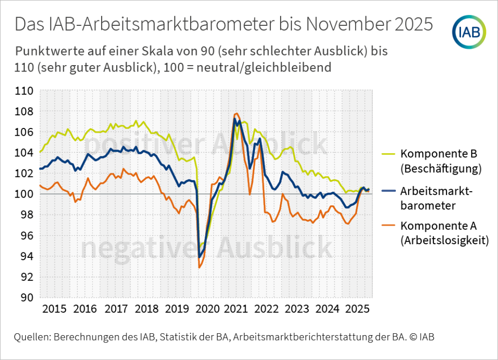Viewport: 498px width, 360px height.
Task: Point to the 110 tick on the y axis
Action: point(24,91)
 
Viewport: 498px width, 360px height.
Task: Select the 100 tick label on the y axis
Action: point(24,195)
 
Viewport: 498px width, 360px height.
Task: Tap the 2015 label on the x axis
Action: point(54,309)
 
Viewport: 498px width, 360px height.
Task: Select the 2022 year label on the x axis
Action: point(267,309)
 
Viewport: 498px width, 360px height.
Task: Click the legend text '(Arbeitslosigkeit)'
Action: point(444,240)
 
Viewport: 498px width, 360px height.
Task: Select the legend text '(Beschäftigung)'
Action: point(441,169)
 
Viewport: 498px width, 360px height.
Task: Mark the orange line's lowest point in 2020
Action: point(199,267)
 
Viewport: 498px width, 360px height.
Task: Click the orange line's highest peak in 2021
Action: point(236,113)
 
